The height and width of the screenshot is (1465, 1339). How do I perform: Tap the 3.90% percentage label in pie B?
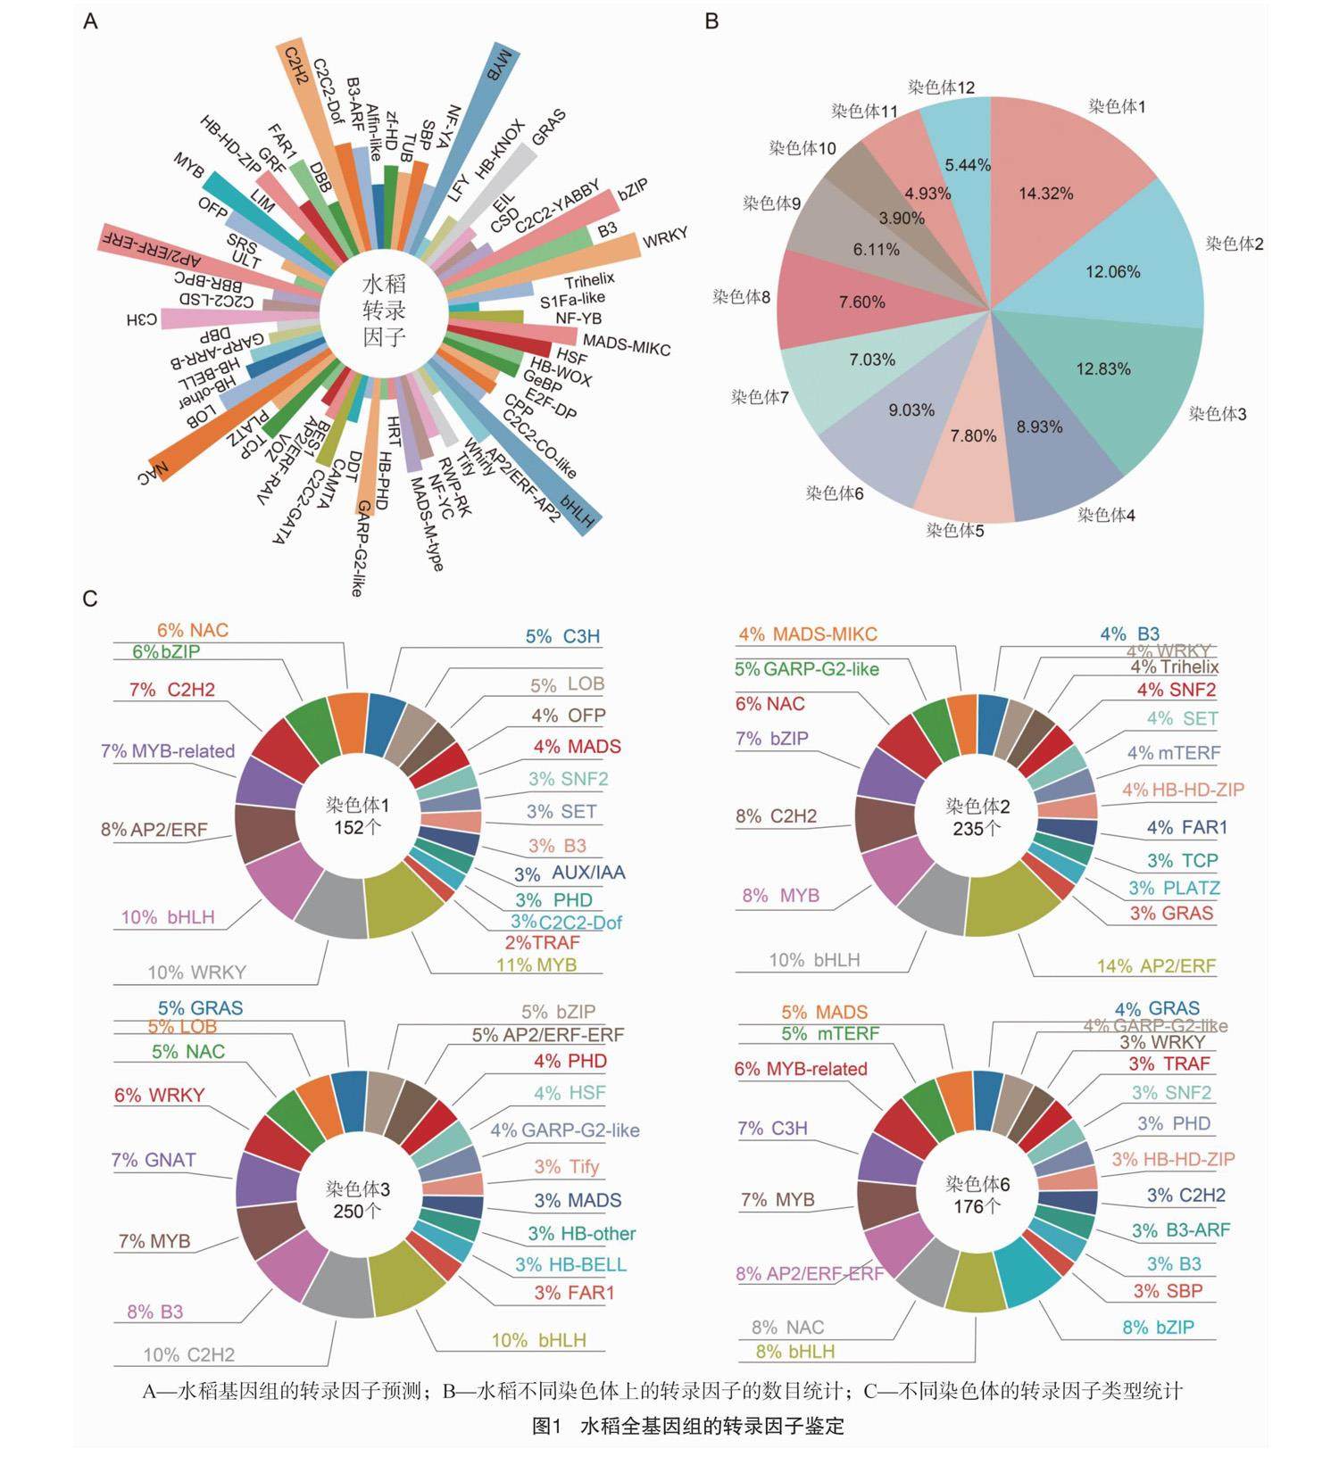tap(902, 219)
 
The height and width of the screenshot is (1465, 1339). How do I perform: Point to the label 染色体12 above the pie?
tap(942, 87)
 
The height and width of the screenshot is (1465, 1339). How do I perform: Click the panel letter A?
tap(90, 21)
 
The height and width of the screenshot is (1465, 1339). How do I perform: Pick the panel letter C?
tap(90, 599)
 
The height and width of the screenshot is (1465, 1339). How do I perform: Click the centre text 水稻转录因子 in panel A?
tap(384, 310)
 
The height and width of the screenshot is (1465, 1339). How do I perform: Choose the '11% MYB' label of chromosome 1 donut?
tap(536, 964)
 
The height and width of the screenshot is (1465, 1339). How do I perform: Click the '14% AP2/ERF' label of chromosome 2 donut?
tap(1156, 966)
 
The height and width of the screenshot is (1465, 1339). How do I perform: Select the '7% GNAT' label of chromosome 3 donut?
tap(154, 1160)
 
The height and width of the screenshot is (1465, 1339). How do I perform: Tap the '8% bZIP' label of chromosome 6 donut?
tap(1158, 1328)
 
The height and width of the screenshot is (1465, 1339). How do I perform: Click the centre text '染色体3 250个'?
tap(358, 1200)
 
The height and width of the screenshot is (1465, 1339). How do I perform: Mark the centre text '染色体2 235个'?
tap(977, 817)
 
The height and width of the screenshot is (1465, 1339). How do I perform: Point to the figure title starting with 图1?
tap(687, 1426)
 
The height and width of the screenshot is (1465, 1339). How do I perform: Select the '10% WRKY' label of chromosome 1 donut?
tap(196, 973)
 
